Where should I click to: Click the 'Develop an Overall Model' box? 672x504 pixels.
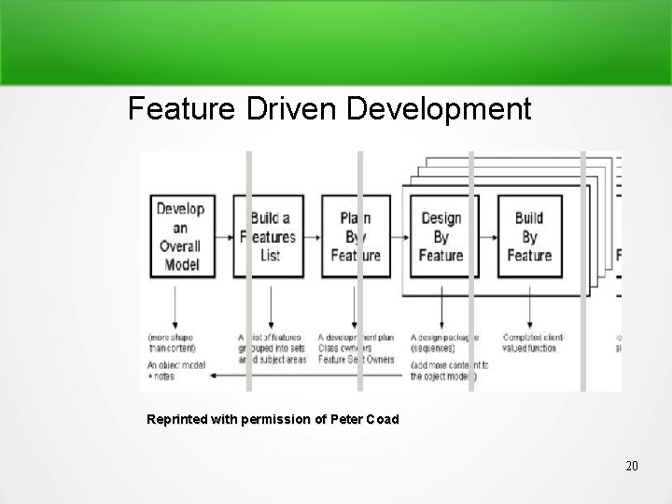[180, 236]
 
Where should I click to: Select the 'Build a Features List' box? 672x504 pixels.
[268, 236]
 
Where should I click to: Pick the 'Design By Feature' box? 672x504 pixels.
[441, 236]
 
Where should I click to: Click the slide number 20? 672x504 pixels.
[631, 465]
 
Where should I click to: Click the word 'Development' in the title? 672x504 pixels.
[439, 109]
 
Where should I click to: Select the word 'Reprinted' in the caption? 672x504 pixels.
[180, 420]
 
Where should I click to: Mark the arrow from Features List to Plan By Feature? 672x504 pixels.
[313, 236]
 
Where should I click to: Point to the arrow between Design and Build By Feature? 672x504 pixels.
[488, 236]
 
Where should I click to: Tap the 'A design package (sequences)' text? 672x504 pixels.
[444, 343]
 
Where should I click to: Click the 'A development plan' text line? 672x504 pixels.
[359, 337]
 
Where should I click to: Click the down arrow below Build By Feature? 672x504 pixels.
[530, 301]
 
